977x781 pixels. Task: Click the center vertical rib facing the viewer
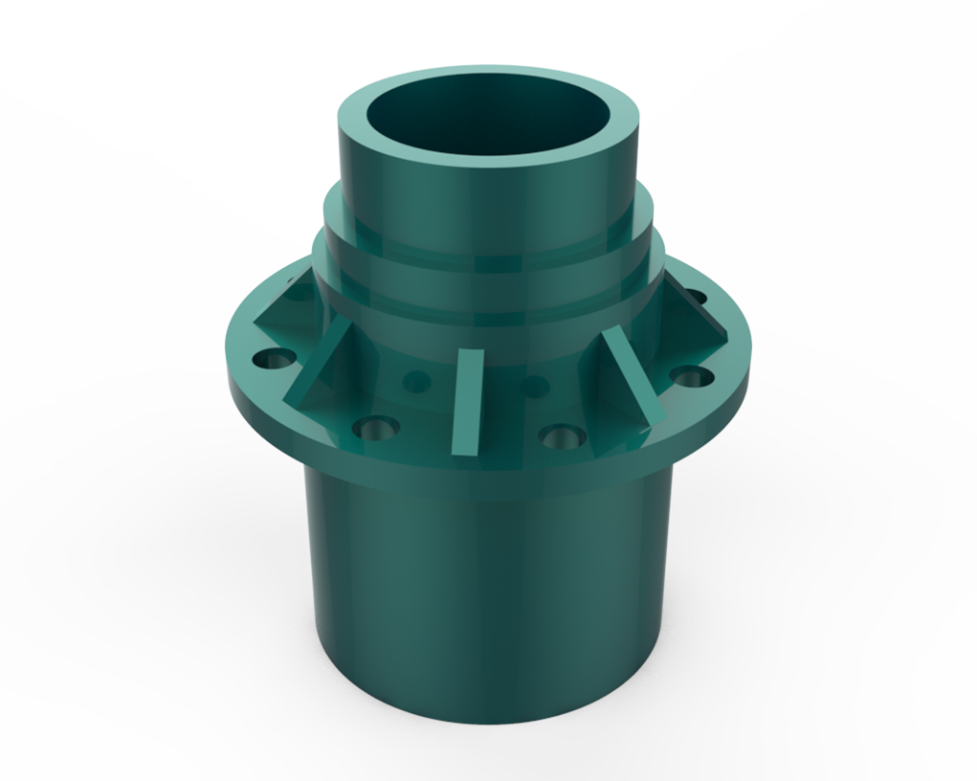click(x=468, y=402)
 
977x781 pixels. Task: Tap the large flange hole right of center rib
click(x=562, y=438)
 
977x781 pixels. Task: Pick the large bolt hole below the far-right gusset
click(x=691, y=375)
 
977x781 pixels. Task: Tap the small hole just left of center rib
click(x=416, y=381)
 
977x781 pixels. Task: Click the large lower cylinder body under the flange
click(x=488, y=593)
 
